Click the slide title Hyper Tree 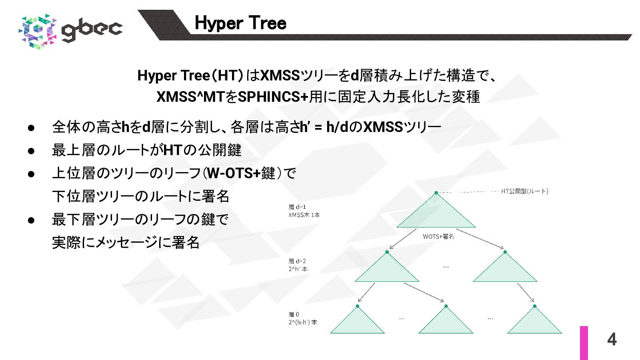[x=240, y=23]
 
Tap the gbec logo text [x=92, y=30]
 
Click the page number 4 [x=612, y=340]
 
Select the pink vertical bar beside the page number [x=584, y=343]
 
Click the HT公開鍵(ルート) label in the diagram [x=524, y=191]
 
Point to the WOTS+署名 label [x=438, y=236]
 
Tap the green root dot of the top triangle [x=436, y=193]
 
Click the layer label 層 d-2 [x=297, y=261]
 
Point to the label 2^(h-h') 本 [x=303, y=322]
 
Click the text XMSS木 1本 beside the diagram [x=304, y=215]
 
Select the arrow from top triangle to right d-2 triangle [x=480, y=239]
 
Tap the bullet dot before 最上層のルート [x=31, y=151]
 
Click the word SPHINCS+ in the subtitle [x=273, y=97]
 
